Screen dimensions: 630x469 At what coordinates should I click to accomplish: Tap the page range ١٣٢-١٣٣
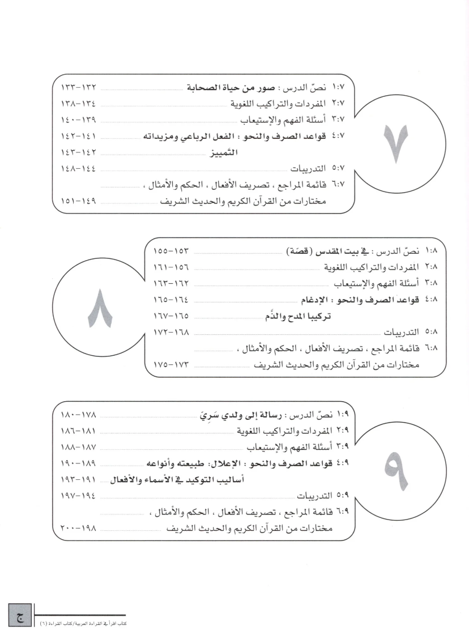pyautogui.click(x=81, y=90)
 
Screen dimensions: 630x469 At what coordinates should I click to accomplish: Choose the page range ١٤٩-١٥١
pyautogui.click(x=81, y=201)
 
